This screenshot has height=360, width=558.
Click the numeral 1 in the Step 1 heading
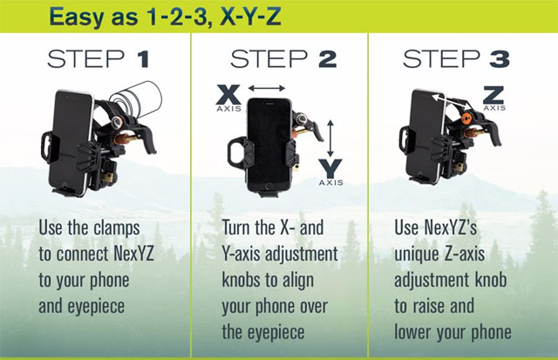tap(143, 59)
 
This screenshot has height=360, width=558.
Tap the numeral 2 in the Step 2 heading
tap(328, 59)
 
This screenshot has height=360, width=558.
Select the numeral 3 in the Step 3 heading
tap(500, 59)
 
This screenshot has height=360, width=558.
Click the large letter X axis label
tap(228, 95)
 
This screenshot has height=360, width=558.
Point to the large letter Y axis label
tap(330, 168)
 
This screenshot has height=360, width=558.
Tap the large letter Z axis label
tap(493, 95)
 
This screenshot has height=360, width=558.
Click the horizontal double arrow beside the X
tap(267, 88)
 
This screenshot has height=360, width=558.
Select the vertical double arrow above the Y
tap(330, 139)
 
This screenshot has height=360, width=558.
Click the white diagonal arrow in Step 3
tap(452, 101)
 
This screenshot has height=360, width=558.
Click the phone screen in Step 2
tap(269, 141)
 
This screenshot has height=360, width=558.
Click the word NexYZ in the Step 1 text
tap(133, 254)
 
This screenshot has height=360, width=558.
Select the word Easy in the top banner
tap(76, 17)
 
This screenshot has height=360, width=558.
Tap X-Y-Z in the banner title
tap(250, 17)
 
